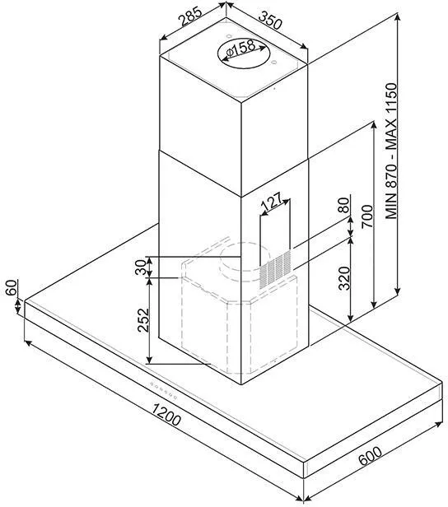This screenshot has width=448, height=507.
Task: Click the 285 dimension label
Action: [192, 16]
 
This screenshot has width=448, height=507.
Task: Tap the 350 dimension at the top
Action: [270, 20]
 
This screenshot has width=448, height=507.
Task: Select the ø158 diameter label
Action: [240, 49]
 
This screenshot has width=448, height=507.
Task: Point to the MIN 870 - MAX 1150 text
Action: [391, 151]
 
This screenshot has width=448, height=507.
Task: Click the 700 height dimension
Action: [367, 216]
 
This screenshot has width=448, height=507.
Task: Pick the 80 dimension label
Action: [344, 205]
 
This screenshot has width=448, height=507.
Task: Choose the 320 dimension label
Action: [344, 278]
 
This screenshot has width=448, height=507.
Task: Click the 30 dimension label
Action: [141, 267]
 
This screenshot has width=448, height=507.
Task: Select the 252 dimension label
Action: [143, 320]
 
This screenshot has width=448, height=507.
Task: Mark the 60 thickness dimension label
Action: [12, 287]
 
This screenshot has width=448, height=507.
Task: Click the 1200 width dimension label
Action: [166, 415]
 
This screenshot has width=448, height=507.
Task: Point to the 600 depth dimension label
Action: [371, 456]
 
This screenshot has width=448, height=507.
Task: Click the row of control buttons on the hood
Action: [163, 391]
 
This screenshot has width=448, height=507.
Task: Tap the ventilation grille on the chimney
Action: [275, 270]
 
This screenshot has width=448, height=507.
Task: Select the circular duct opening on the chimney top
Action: [243, 53]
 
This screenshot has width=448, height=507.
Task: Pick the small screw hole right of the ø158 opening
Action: [273, 62]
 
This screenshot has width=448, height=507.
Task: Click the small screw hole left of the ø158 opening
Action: [228, 35]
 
